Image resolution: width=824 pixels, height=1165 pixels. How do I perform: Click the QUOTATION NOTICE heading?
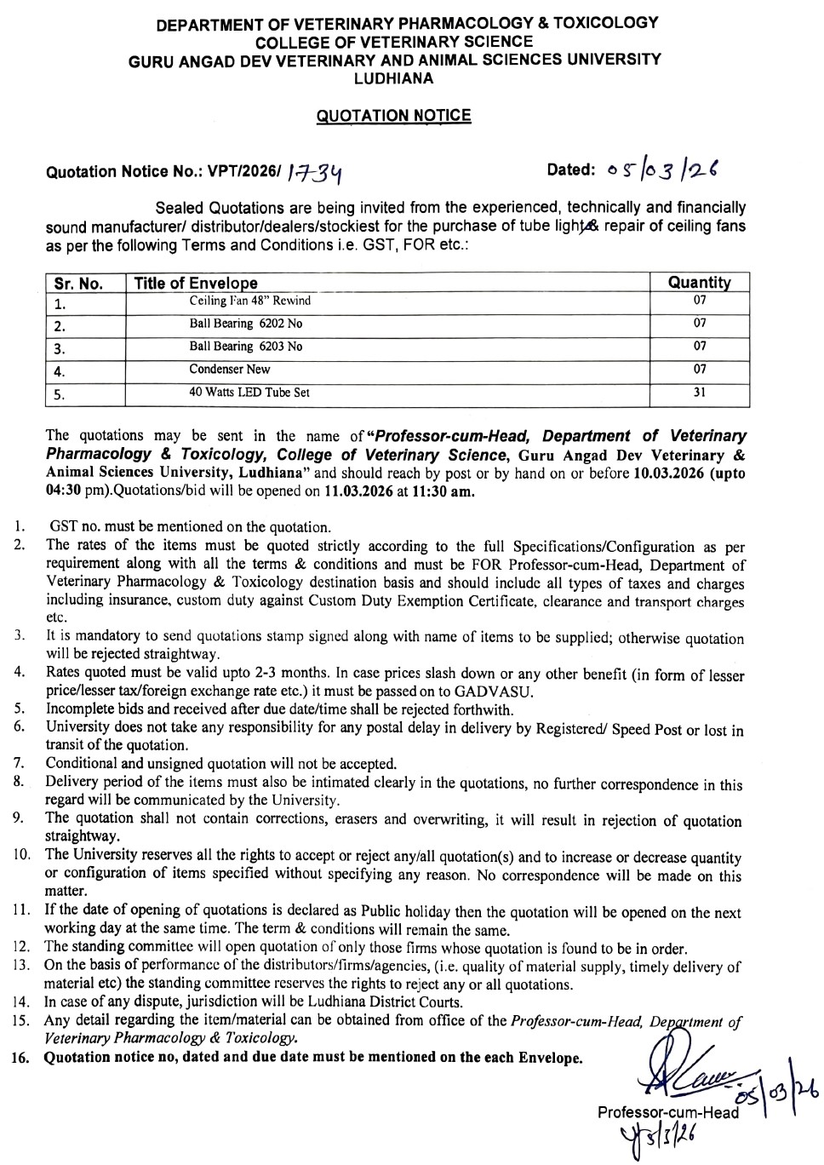(393, 116)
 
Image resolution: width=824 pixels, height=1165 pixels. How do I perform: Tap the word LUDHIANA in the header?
(393, 78)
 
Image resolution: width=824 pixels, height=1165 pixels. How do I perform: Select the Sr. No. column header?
(78, 284)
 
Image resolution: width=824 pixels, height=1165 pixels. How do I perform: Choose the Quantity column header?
(699, 283)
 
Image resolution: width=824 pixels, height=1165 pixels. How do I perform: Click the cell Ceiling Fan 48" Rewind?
(249, 301)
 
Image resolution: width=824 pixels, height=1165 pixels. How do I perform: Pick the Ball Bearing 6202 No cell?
(245, 324)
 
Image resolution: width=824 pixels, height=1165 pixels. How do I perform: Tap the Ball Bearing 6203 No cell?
(245, 347)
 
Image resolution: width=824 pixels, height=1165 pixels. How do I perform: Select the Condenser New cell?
(229, 370)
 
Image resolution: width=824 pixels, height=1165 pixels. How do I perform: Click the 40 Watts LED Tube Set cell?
(249, 393)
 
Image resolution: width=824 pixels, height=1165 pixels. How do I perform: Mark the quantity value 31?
(700, 393)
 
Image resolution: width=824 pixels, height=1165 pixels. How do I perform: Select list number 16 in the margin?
(21, 1058)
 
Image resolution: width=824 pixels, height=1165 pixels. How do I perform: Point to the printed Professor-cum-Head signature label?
(667, 1112)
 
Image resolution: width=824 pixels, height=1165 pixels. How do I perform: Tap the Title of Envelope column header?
(196, 284)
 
